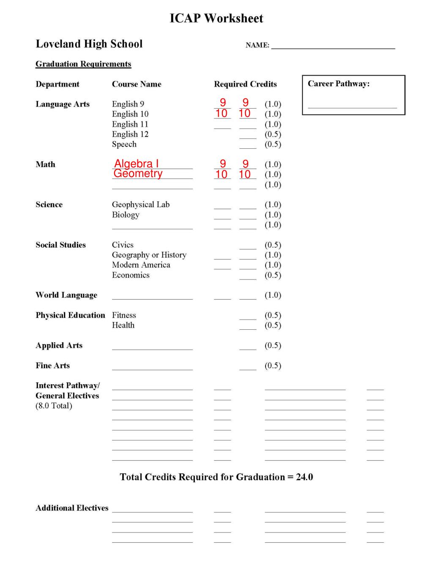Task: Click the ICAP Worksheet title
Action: (216, 18)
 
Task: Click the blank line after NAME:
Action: (333, 46)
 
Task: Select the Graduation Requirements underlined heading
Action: (83, 64)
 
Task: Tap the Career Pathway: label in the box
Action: (338, 84)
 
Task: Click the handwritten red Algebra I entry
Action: (136, 164)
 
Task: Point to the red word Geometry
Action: (138, 174)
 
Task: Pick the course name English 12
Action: (130, 134)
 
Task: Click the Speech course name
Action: (124, 144)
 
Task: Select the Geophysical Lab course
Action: (140, 205)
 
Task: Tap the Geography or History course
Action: (149, 255)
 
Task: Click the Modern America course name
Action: (141, 265)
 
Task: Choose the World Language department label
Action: (66, 295)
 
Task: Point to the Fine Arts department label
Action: (52, 366)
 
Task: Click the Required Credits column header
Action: (245, 84)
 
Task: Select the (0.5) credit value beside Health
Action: (273, 325)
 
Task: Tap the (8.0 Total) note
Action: (54, 406)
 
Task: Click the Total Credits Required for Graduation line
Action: (216, 477)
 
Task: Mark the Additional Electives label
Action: (72, 508)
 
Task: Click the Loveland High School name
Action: (89, 44)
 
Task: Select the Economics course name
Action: (131, 275)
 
